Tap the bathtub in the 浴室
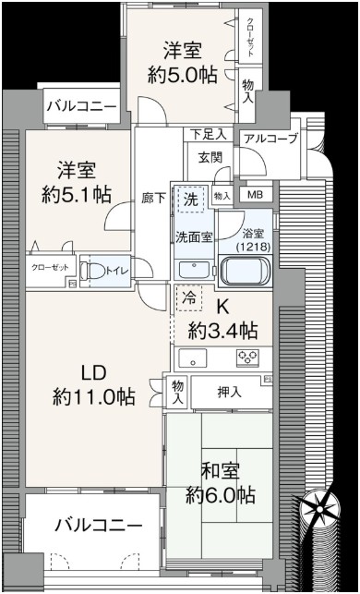tap(246, 271)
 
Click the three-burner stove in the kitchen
tap(247, 357)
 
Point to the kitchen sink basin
tap(193, 358)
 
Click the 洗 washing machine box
tap(191, 200)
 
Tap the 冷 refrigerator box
tap(189, 298)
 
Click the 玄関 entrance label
tap(210, 156)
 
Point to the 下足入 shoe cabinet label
tap(209, 134)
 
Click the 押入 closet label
tap(230, 394)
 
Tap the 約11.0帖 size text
tap(93, 397)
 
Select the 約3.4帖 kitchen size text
tap(223, 331)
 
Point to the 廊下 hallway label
tap(153, 199)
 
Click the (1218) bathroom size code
tap(254, 247)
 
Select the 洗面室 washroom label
tap(194, 236)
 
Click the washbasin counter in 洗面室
tap(194, 270)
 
